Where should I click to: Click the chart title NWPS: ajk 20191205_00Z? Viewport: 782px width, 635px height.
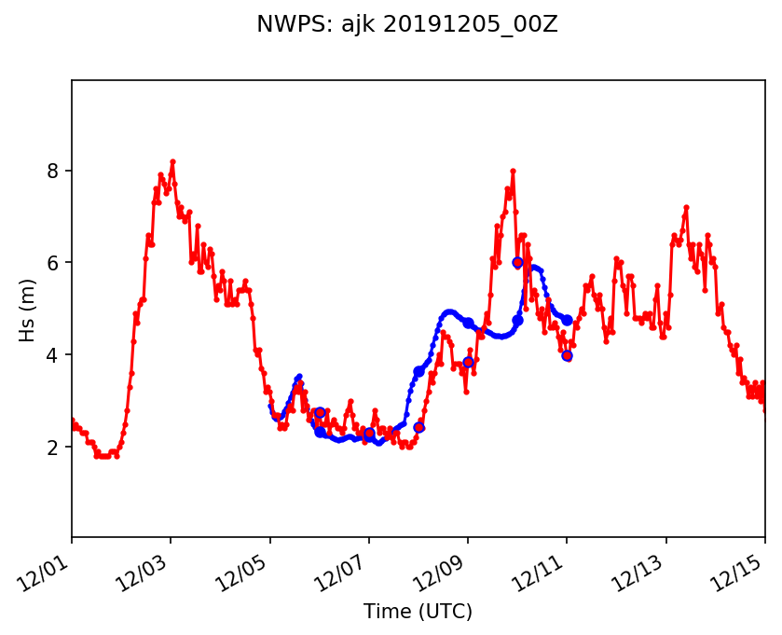[x=407, y=25]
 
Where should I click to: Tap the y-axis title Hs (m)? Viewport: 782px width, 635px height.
[x=29, y=310]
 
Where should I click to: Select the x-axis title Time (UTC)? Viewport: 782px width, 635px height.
[x=418, y=612]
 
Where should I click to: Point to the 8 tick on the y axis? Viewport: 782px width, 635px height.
[x=55, y=171]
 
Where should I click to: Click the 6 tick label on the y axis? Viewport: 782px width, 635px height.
[x=55, y=263]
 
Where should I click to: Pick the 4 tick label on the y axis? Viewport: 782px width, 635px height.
[x=55, y=355]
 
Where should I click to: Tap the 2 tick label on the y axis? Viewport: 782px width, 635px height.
[x=55, y=448]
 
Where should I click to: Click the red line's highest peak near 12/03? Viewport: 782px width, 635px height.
[x=172, y=161]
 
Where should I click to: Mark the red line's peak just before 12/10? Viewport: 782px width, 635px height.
[x=513, y=171]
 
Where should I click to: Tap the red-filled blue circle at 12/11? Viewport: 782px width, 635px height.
[x=567, y=355]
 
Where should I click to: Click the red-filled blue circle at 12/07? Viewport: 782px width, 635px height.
[x=369, y=433]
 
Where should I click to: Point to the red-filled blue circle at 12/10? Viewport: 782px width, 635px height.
[x=517, y=263]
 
